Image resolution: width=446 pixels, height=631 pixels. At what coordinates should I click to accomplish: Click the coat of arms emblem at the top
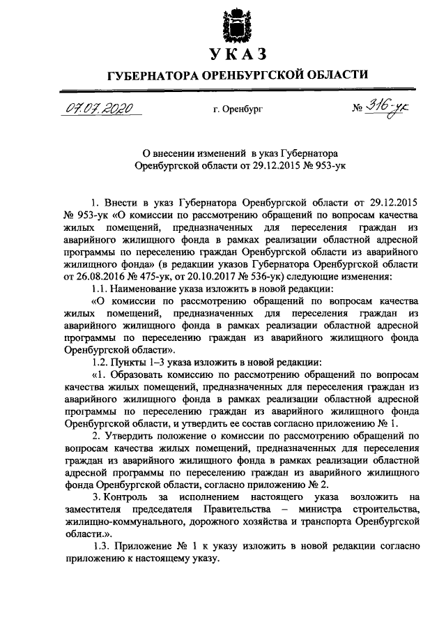(236, 23)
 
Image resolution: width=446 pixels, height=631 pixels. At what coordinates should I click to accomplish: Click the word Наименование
(144, 288)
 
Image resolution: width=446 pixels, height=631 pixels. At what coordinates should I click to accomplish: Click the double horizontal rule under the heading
(236, 89)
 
